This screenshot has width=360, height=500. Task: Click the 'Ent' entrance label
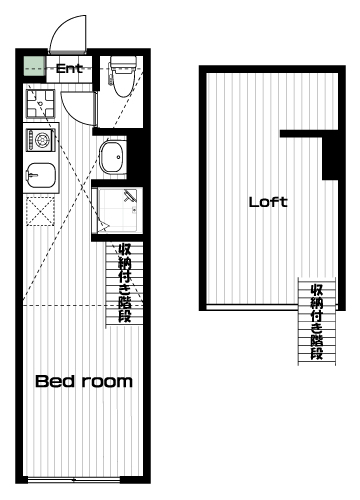[x=69, y=69]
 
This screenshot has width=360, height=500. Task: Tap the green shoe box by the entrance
[x=34, y=67]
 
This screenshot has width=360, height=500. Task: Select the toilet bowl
[x=123, y=81]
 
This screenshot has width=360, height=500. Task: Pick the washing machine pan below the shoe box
[x=40, y=104]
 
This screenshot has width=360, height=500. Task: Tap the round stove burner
[x=43, y=139]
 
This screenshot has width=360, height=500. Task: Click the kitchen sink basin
[x=41, y=175]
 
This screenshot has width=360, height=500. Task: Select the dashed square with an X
[x=40, y=211]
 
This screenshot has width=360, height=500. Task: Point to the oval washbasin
[x=112, y=157]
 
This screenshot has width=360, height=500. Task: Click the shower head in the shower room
[x=130, y=196]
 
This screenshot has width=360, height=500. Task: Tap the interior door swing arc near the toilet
[x=74, y=108]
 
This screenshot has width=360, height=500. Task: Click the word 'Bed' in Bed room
[x=55, y=381]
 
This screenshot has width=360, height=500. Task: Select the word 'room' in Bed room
[x=108, y=382]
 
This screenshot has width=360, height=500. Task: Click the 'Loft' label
[x=268, y=202]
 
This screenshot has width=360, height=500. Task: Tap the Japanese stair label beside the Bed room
[x=125, y=283]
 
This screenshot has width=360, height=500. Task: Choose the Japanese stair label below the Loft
[x=317, y=322]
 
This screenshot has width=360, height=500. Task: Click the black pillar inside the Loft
[x=330, y=158]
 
